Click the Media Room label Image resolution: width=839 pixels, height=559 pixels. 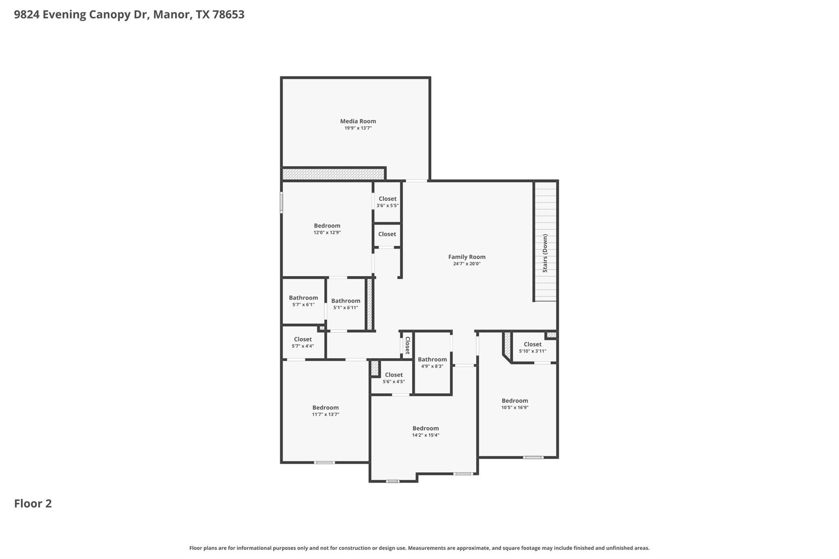tap(358, 121)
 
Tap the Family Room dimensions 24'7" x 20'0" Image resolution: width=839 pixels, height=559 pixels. tap(467, 264)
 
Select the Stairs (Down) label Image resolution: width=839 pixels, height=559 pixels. tap(545, 253)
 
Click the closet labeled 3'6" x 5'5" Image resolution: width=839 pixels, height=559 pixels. tap(387, 202)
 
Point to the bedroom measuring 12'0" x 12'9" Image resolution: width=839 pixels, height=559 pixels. tap(327, 229)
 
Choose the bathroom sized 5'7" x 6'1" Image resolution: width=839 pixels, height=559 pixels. tap(303, 301)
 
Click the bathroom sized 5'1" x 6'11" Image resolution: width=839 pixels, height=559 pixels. tap(346, 304)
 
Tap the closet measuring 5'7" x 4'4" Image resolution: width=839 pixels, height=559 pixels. tap(303, 342)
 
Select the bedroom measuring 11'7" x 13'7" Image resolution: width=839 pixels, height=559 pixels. tap(325, 410)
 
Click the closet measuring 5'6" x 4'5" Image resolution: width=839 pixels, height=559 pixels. tap(394, 378)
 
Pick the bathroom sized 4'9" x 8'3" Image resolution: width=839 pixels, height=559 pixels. tap(432, 362)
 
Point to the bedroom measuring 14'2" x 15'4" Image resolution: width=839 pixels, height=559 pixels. tap(426, 431)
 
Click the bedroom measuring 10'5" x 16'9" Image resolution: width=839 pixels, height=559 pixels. tap(515, 403)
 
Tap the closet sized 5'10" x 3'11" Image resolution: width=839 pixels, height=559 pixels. tap(533, 347)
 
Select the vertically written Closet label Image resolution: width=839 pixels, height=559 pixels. tap(408, 345)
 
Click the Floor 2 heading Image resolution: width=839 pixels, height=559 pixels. tap(33, 503)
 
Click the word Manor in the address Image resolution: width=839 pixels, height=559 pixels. tap(172, 15)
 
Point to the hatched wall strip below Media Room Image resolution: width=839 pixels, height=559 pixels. tap(333, 174)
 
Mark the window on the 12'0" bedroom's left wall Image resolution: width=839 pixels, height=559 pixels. tap(281, 202)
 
